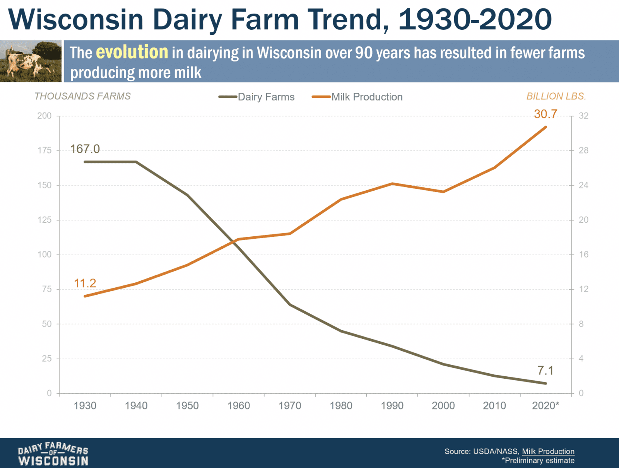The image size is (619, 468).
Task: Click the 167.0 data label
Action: [x=85, y=149]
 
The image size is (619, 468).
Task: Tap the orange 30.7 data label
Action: [x=545, y=114]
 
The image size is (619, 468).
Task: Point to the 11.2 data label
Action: [x=85, y=284]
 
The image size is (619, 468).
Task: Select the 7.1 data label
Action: [x=545, y=371]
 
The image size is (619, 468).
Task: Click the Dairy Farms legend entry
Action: [x=257, y=97]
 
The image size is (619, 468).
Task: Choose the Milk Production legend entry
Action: [x=357, y=97]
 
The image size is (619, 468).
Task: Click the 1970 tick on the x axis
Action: [x=290, y=406]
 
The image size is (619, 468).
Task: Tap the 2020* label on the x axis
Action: [x=545, y=406]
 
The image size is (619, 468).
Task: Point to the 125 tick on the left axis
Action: [x=44, y=220]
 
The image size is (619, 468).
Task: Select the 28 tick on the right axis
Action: [x=583, y=150]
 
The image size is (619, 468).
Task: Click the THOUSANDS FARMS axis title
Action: [x=82, y=96]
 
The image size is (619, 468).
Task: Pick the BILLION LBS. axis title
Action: [x=556, y=96]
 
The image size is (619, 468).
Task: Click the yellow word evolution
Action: [x=132, y=52]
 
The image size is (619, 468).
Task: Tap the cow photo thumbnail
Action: [x=31, y=61]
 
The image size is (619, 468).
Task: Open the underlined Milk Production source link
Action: [x=548, y=451]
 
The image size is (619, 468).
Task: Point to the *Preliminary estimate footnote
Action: [x=538, y=461]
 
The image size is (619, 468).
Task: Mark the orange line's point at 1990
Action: [x=392, y=184]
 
